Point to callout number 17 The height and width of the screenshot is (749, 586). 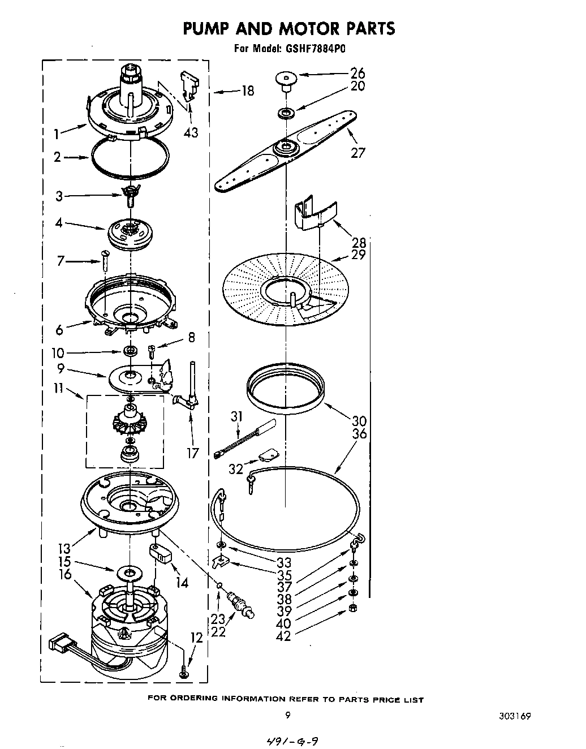pos(193,453)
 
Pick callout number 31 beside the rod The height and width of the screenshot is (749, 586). pos(236,417)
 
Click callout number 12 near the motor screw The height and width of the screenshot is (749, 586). pos(196,638)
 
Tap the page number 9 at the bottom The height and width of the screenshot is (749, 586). pos(288,715)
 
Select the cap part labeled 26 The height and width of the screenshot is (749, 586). pos(286,80)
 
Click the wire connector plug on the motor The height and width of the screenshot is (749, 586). pos(59,643)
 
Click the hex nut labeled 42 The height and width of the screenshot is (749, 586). pos(353,607)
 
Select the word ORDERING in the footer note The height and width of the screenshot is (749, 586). pos(195,700)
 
